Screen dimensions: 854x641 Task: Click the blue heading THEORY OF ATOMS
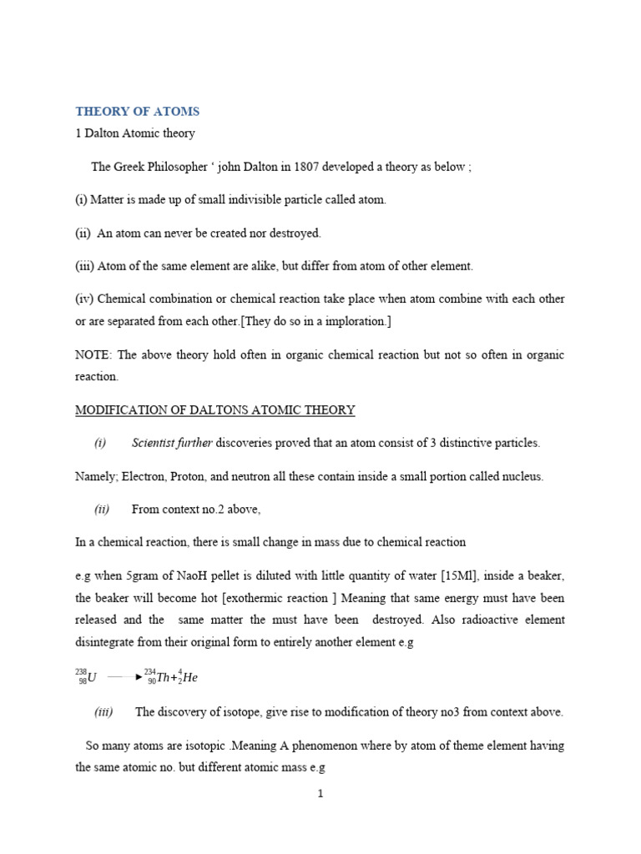coord(138,111)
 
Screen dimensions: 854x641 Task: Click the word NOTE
coord(92,355)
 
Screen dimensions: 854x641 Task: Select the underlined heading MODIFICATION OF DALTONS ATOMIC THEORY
coord(215,410)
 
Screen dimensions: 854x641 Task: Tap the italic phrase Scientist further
coord(172,443)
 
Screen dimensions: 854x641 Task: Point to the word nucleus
coord(520,476)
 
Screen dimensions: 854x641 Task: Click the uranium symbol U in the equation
coord(92,678)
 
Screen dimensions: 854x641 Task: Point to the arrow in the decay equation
coord(125,678)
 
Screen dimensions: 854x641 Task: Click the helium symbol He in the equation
coord(189,678)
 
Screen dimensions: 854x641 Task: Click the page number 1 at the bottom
coord(320,794)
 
